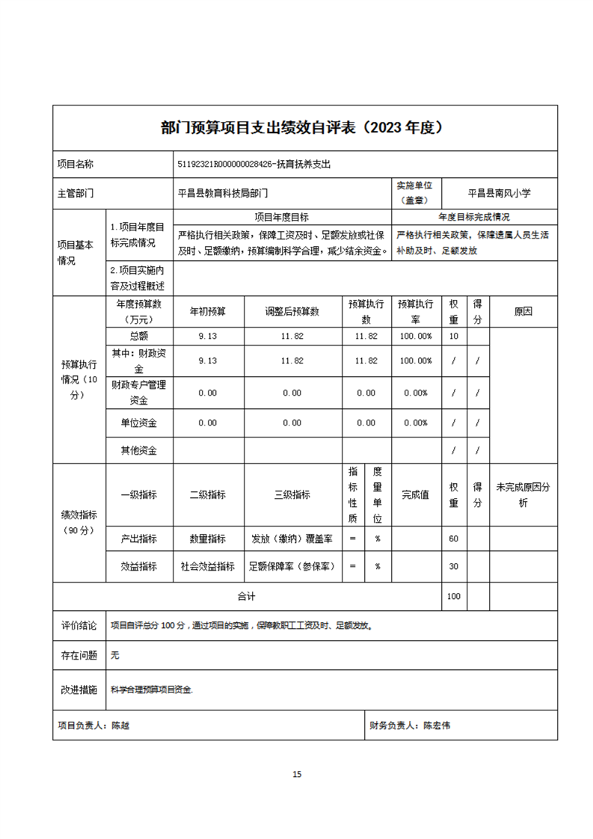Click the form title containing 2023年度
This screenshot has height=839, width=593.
(304, 127)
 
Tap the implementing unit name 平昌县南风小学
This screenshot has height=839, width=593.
(499, 193)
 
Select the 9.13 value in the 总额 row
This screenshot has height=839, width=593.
(207, 336)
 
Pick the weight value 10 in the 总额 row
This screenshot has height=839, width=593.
(453, 336)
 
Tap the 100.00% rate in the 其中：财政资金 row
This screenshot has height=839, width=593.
(415, 360)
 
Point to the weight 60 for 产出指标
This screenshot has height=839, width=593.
(453, 538)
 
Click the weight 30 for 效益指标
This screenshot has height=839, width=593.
(453, 566)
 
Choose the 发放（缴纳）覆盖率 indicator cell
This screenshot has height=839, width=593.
(292, 538)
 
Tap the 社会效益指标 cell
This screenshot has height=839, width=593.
(207, 566)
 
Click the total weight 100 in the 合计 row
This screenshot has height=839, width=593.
(453, 596)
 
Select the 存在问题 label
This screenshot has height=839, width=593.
(79, 655)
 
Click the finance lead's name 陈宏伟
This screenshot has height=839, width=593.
(437, 725)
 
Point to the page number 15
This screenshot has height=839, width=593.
(297, 774)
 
